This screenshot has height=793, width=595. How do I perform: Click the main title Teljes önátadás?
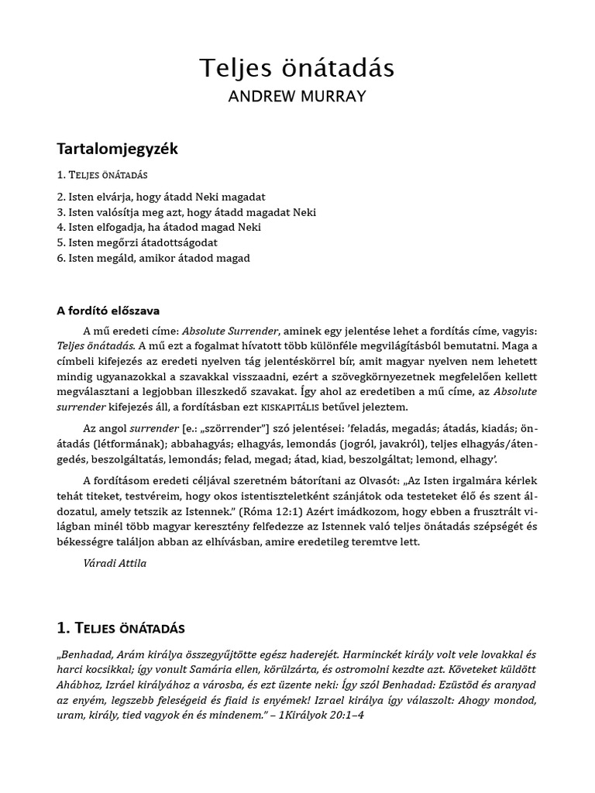pos(297,68)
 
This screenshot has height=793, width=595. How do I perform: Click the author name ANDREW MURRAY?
pos(297,97)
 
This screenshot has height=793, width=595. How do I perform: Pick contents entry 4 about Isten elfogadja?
pos(159,227)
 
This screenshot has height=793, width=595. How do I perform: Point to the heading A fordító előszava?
pos(108,311)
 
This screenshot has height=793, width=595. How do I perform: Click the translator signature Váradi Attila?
pos(114,563)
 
